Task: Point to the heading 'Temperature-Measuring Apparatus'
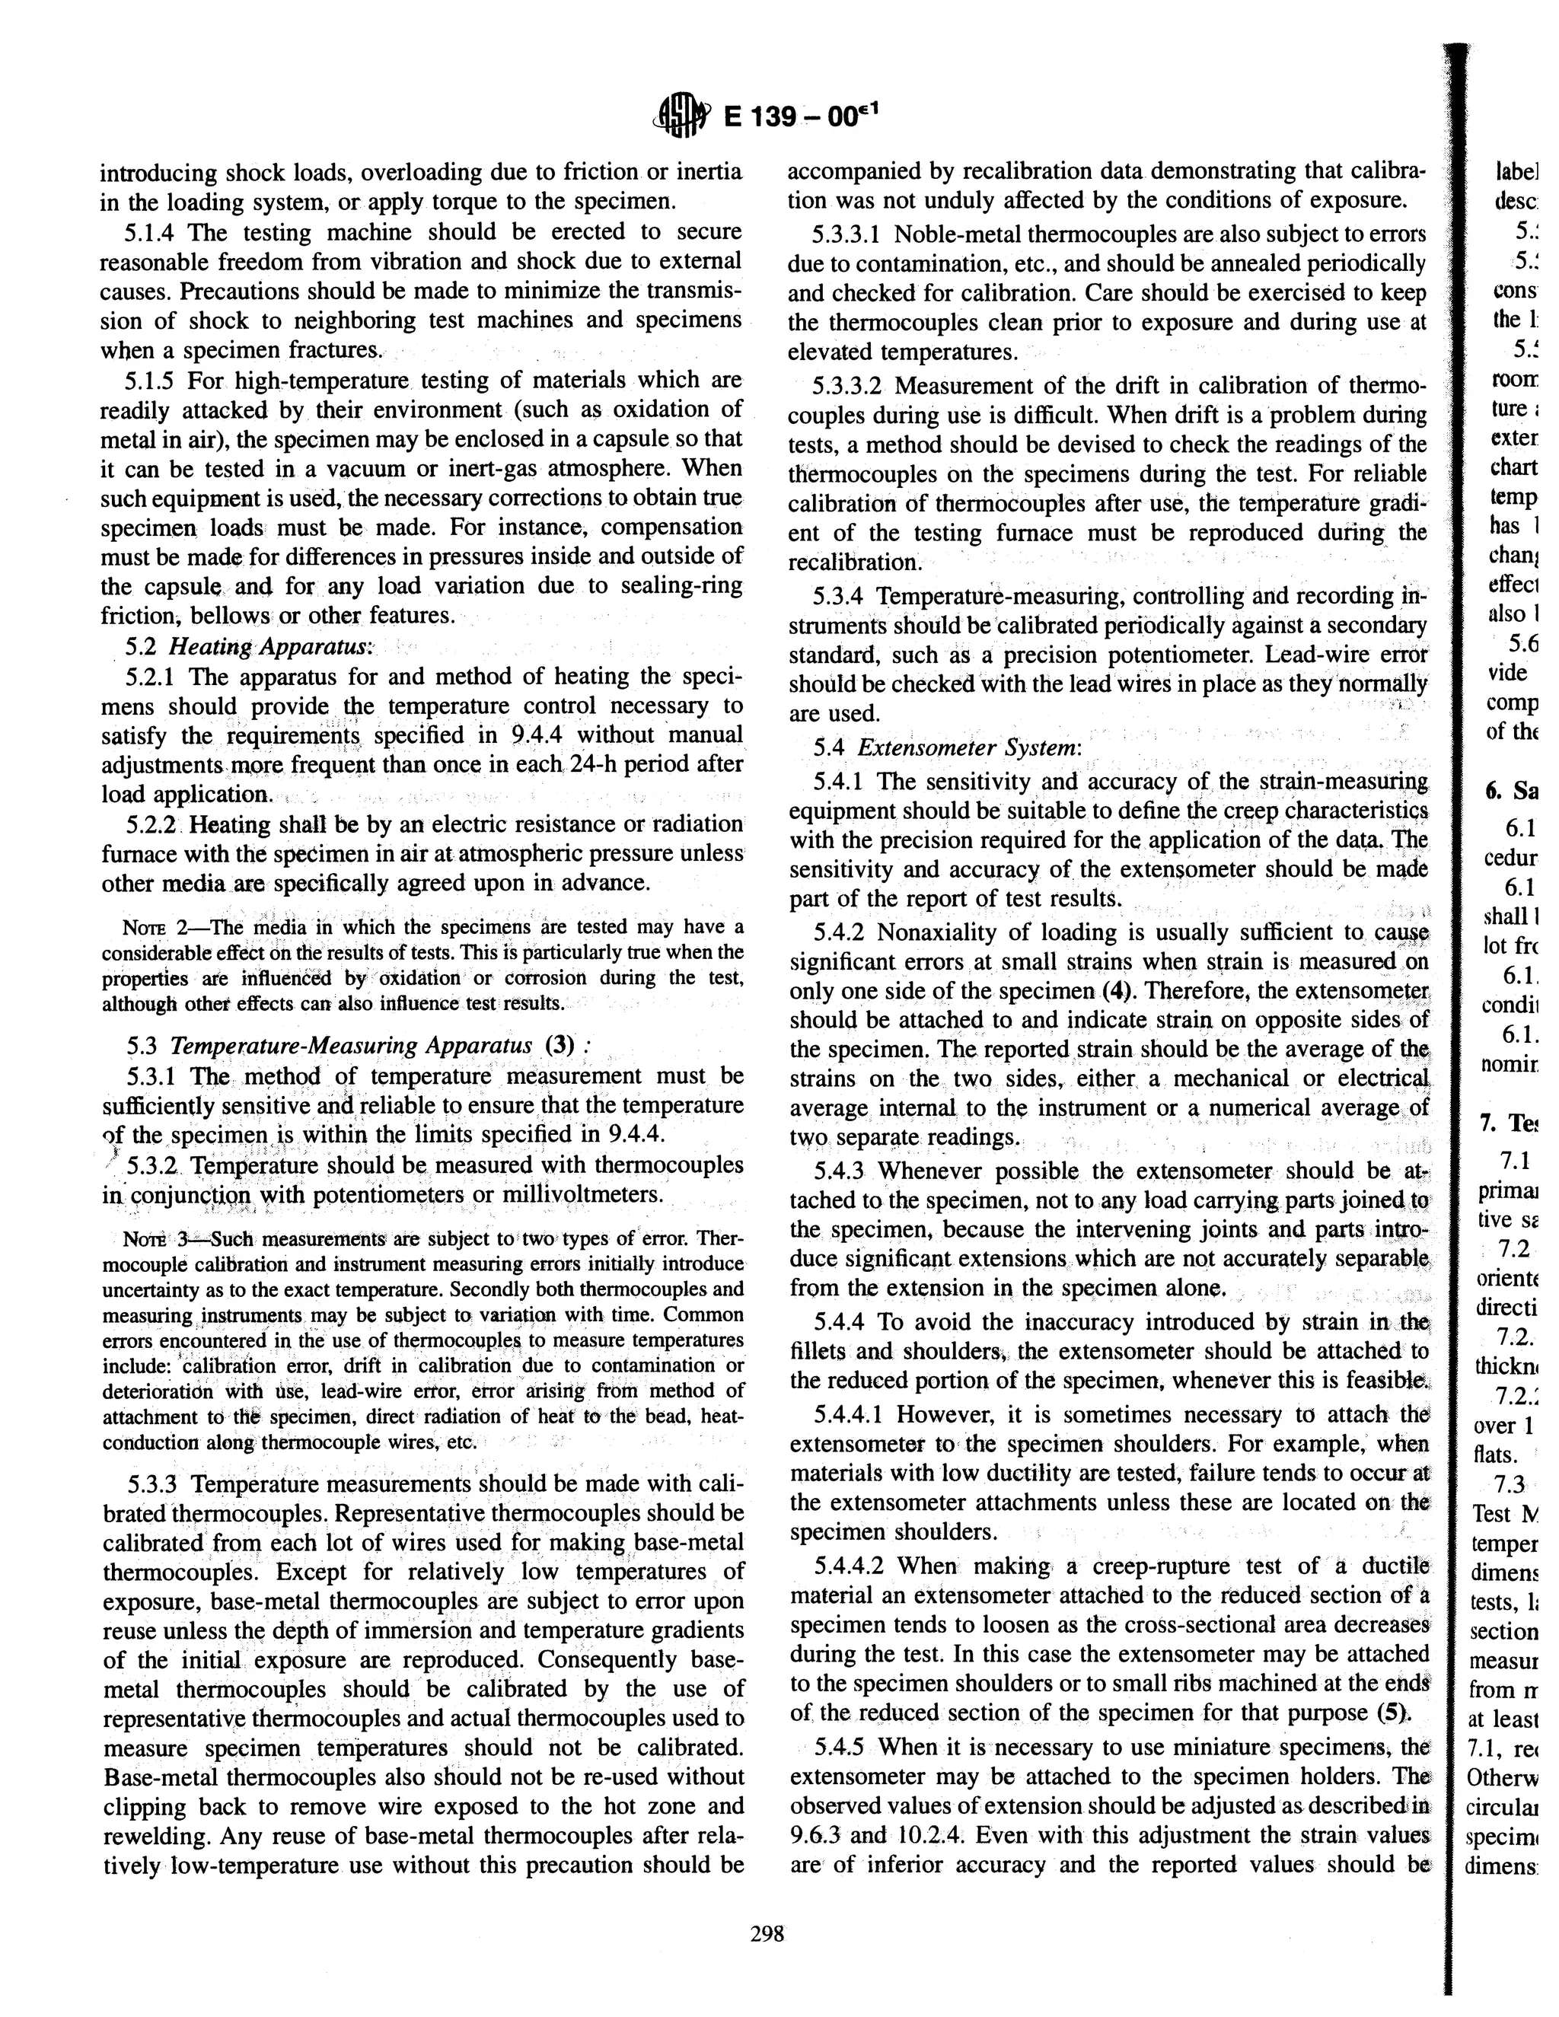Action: coord(351,1047)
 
